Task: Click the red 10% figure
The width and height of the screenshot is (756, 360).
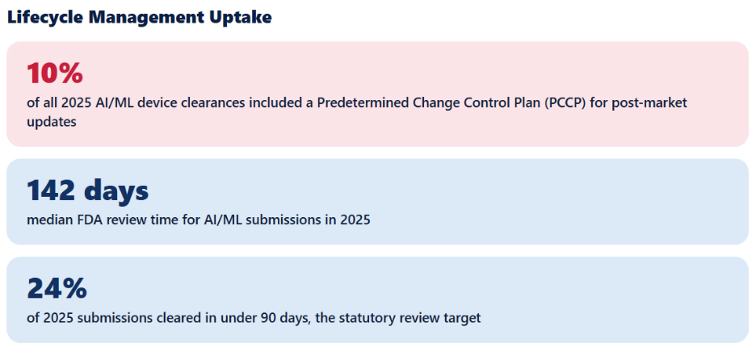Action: click(x=54, y=73)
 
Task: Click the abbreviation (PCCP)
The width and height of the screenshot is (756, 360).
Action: click(x=566, y=103)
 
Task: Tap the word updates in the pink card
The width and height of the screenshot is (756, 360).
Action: click(x=52, y=123)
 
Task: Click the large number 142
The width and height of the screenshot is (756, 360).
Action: click(x=51, y=190)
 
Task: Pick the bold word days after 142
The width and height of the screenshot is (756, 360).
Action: click(x=116, y=191)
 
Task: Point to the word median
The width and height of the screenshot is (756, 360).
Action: click(x=47, y=220)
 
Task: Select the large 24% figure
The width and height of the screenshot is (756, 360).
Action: click(x=57, y=289)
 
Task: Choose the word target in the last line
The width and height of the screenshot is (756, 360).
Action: click(x=464, y=319)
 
